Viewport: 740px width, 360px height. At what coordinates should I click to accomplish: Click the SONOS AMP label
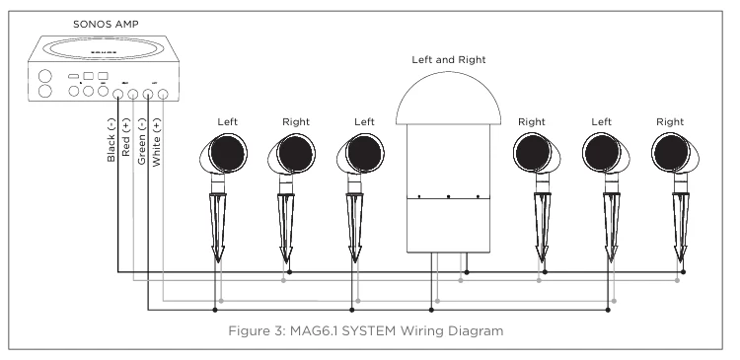coord(106,24)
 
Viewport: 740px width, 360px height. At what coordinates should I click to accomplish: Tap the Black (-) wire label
coord(111,140)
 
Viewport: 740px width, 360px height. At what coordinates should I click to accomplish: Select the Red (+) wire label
coord(126,138)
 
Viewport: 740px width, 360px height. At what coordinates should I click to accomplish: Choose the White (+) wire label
coord(157,142)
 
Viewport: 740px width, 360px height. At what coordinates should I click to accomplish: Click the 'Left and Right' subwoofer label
coord(448,60)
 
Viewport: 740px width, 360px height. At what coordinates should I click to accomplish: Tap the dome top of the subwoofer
coord(447,99)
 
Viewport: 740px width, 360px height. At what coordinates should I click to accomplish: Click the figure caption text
coord(366,330)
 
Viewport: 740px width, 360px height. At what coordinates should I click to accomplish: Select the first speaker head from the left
coord(224,153)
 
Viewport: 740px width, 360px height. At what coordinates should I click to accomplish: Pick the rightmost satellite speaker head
coord(675,153)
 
